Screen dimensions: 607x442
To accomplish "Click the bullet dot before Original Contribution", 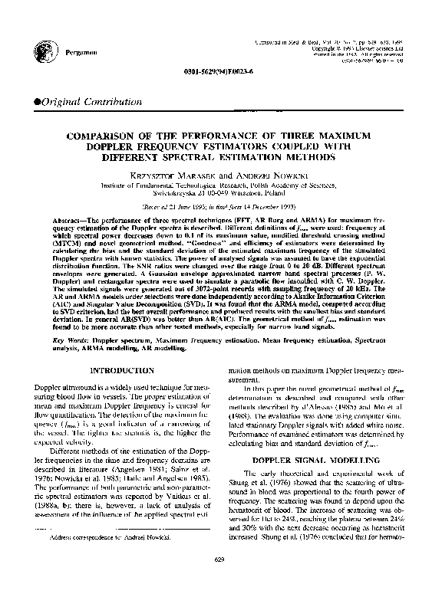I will [x=31, y=102].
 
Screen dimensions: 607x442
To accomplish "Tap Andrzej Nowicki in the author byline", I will [x=272, y=176].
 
